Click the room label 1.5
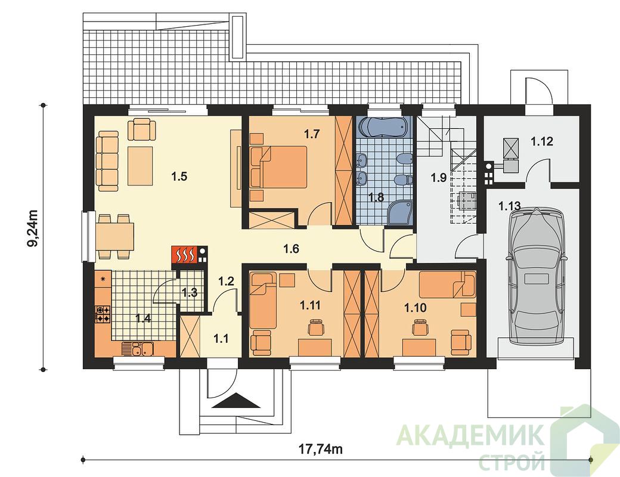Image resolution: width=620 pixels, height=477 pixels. point(179,176)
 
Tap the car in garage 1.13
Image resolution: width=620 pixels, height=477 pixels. point(537,276)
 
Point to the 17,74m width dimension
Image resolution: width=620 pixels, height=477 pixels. point(320,450)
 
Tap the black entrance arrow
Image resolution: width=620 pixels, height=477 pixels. point(236,401)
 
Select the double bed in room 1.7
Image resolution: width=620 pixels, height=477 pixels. point(283,166)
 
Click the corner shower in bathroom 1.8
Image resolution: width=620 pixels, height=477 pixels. point(400,212)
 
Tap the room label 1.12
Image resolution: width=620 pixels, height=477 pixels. point(542,141)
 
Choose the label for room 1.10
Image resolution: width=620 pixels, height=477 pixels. point(415,307)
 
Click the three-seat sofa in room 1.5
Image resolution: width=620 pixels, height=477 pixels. point(108,162)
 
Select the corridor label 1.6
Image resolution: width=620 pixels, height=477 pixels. point(291,249)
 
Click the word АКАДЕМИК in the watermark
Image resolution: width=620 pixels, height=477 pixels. point(469,436)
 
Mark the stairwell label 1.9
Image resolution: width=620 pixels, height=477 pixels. point(439,178)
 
